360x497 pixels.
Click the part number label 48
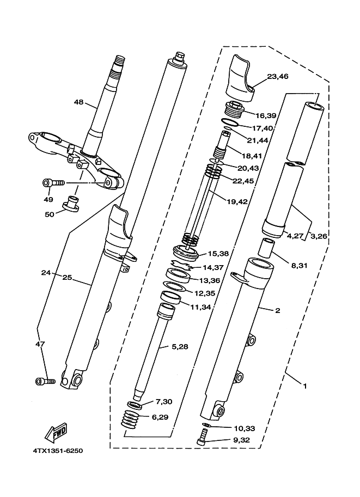pos(78,102)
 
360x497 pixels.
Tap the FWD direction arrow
pos(57,432)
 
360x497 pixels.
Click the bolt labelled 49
pos(53,183)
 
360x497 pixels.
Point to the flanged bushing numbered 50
pos(70,204)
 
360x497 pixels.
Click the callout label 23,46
pos(278,76)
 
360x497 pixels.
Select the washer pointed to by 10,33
pos(206,425)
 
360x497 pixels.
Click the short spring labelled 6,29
pos(131,419)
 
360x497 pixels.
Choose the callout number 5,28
pos(180,347)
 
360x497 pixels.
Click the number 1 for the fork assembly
pos(305,386)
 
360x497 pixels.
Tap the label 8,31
pos(300,265)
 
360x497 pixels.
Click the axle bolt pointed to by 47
pos(45,381)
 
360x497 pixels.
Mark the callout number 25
pos(67,278)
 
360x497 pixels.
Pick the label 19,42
pos(237,201)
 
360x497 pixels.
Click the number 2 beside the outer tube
pos(278,310)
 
